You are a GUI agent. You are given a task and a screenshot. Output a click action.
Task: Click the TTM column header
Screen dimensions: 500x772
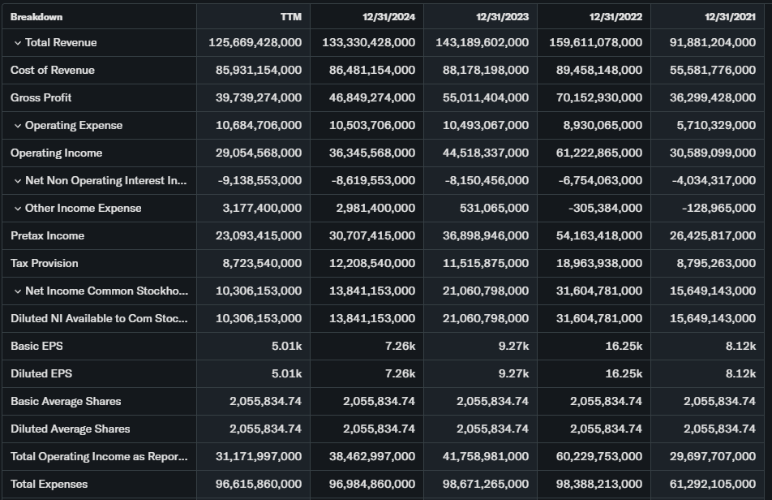[289, 16]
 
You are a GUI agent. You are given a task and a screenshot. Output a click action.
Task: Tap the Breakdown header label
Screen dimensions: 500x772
[36, 16]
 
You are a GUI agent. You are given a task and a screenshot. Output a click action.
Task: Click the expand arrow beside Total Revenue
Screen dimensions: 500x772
[18, 42]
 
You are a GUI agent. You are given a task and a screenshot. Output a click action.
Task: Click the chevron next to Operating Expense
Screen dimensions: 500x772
[18, 125]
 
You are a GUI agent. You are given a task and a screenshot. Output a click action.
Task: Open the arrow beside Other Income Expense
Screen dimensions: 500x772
[18, 208]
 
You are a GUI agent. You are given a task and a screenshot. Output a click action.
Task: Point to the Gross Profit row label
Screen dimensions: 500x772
[41, 97]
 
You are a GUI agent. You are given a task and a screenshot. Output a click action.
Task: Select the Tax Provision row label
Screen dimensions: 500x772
[45, 263]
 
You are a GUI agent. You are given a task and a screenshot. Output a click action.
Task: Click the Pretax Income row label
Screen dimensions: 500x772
[47, 235]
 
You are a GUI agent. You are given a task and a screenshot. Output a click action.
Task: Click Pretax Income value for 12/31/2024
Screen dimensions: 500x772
[373, 235]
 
